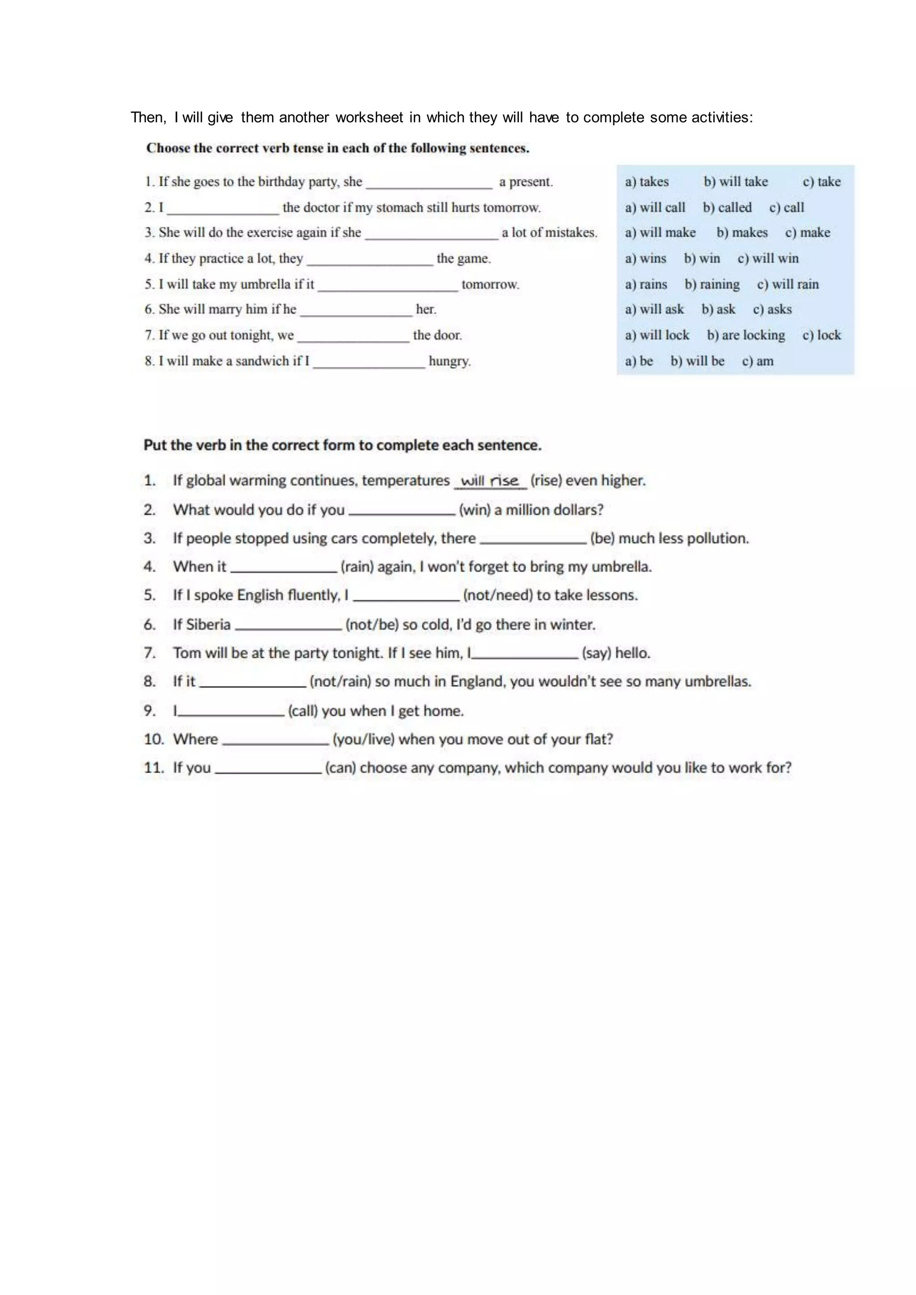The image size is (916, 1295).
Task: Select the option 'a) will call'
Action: (655, 207)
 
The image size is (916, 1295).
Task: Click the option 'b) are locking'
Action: (746, 335)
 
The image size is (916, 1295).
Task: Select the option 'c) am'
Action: (758, 361)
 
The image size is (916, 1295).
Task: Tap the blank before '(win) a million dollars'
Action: (402, 510)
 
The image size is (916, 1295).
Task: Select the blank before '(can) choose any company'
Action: (268, 768)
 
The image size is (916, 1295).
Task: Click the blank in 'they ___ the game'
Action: (369, 259)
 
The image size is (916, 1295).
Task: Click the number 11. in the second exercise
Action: (153, 768)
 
